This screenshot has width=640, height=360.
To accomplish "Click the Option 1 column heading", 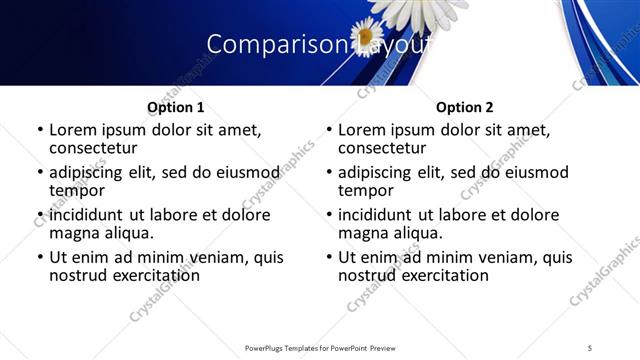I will point(176,107).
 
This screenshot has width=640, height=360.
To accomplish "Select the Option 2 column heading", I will point(464,107).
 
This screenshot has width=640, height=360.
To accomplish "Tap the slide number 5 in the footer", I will point(590,347).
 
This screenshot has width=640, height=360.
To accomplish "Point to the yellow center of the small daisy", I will point(367,37).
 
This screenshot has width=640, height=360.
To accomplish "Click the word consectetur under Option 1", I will point(96,147).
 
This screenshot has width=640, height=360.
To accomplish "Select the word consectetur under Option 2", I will point(385,147).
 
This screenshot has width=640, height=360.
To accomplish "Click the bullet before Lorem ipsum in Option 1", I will point(39,130).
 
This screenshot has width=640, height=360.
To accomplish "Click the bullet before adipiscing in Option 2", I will point(328,173).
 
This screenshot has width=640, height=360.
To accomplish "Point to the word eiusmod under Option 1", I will point(248,172).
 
